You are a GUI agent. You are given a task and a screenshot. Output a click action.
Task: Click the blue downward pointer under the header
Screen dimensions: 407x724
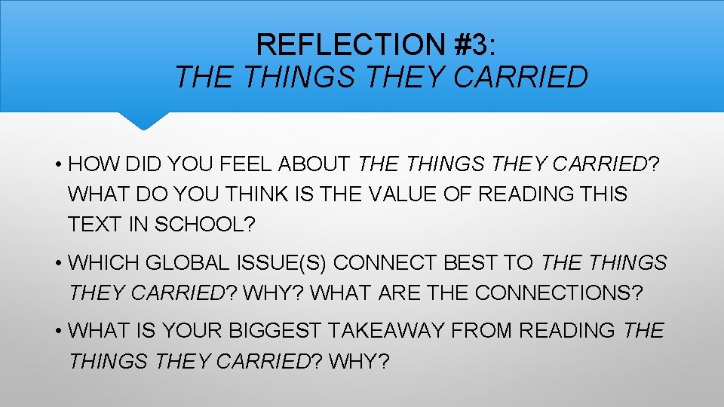click(143, 121)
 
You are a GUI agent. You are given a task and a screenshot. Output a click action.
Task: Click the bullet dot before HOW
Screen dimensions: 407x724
click(57, 164)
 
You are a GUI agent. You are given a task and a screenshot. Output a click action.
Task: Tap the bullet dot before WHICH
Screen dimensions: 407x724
click(57, 264)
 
